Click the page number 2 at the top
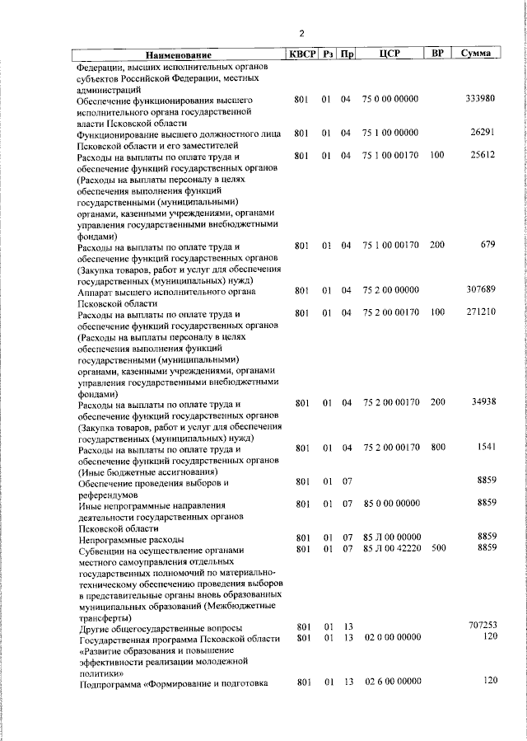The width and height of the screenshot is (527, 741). tap(301, 34)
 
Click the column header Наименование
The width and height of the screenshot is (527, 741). tap(174, 55)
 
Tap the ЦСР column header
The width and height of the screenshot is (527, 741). tap(390, 54)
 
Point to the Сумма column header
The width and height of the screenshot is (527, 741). tap(477, 54)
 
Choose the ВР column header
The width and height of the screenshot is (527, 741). tap(438, 54)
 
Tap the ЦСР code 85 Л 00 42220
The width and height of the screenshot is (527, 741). tap(391, 548)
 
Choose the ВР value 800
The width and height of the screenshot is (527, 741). tap(438, 448)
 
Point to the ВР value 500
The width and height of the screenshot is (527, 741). tap(438, 548)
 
